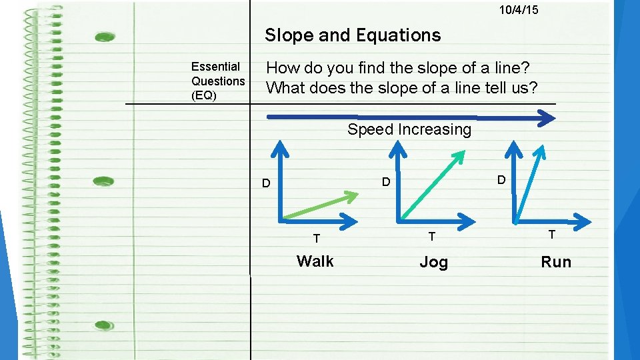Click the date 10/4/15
click(519, 10)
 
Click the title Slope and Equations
click(353, 35)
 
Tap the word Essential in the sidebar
click(215, 67)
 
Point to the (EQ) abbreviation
click(204, 95)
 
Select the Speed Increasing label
click(409, 130)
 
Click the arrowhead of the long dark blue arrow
click(547, 119)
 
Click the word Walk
click(315, 261)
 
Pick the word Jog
click(433, 263)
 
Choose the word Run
click(556, 262)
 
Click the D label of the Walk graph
click(265, 183)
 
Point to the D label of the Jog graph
click(385, 181)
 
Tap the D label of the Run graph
click(501, 180)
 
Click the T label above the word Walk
click(317, 238)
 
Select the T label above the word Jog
click(432, 236)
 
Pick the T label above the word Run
click(551, 234)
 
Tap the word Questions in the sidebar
click(218, 81)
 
